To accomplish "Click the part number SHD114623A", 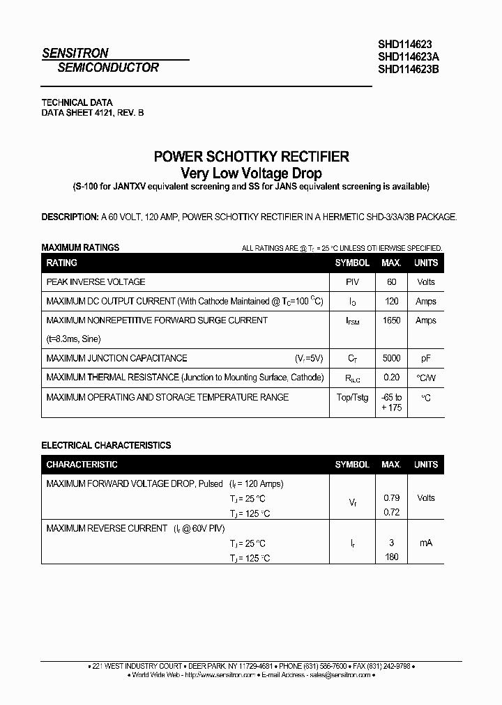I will coord(409,56).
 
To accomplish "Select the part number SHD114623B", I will coord(409,68).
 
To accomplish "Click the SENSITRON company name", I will coord(75,53).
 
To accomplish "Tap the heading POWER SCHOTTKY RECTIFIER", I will coord(251,157).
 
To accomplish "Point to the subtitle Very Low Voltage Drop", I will coord(251,173).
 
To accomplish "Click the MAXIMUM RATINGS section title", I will coord(80,247).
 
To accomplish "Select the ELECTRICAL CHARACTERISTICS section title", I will coord(106,444).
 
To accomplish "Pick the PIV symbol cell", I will coord(352,282).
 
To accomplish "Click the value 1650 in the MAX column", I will coord(391,320).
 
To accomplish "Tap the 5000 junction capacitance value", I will coord(391,358).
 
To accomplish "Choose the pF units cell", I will coord(425,358).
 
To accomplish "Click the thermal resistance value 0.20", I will coord(391,378).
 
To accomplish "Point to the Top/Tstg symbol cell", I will coord(352,397).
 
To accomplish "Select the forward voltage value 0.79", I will coord(391,497).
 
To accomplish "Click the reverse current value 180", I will coord(391,557).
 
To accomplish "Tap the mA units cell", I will coord(425,542).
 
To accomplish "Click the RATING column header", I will coord(61,263).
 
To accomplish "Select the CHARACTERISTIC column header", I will coord(82,464).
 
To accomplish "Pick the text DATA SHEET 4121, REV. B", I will coord(93,112).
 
